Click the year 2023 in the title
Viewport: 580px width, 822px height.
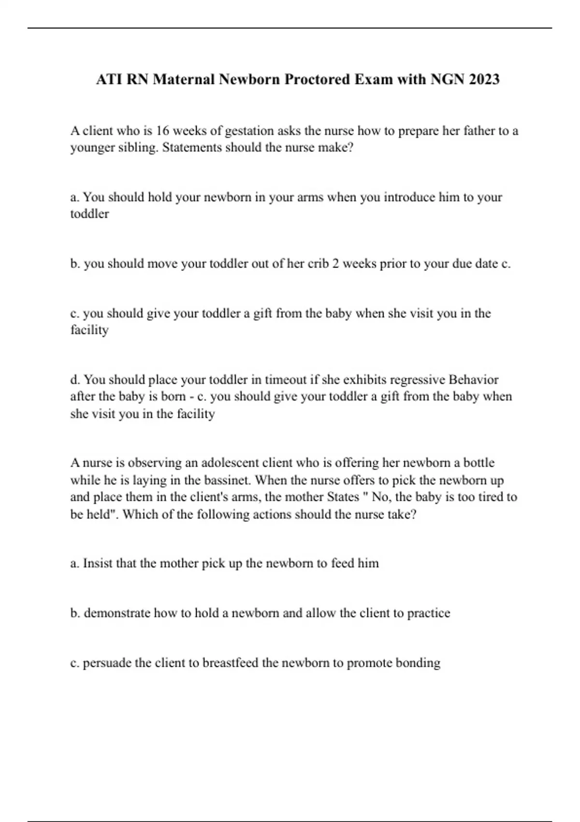(x=484, y=79)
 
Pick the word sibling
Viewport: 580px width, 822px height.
(x=136, y=147)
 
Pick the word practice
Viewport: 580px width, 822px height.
(x=428, y=613)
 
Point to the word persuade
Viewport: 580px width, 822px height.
(x=107, y=663)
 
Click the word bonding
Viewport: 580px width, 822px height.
(x=418, y=663)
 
